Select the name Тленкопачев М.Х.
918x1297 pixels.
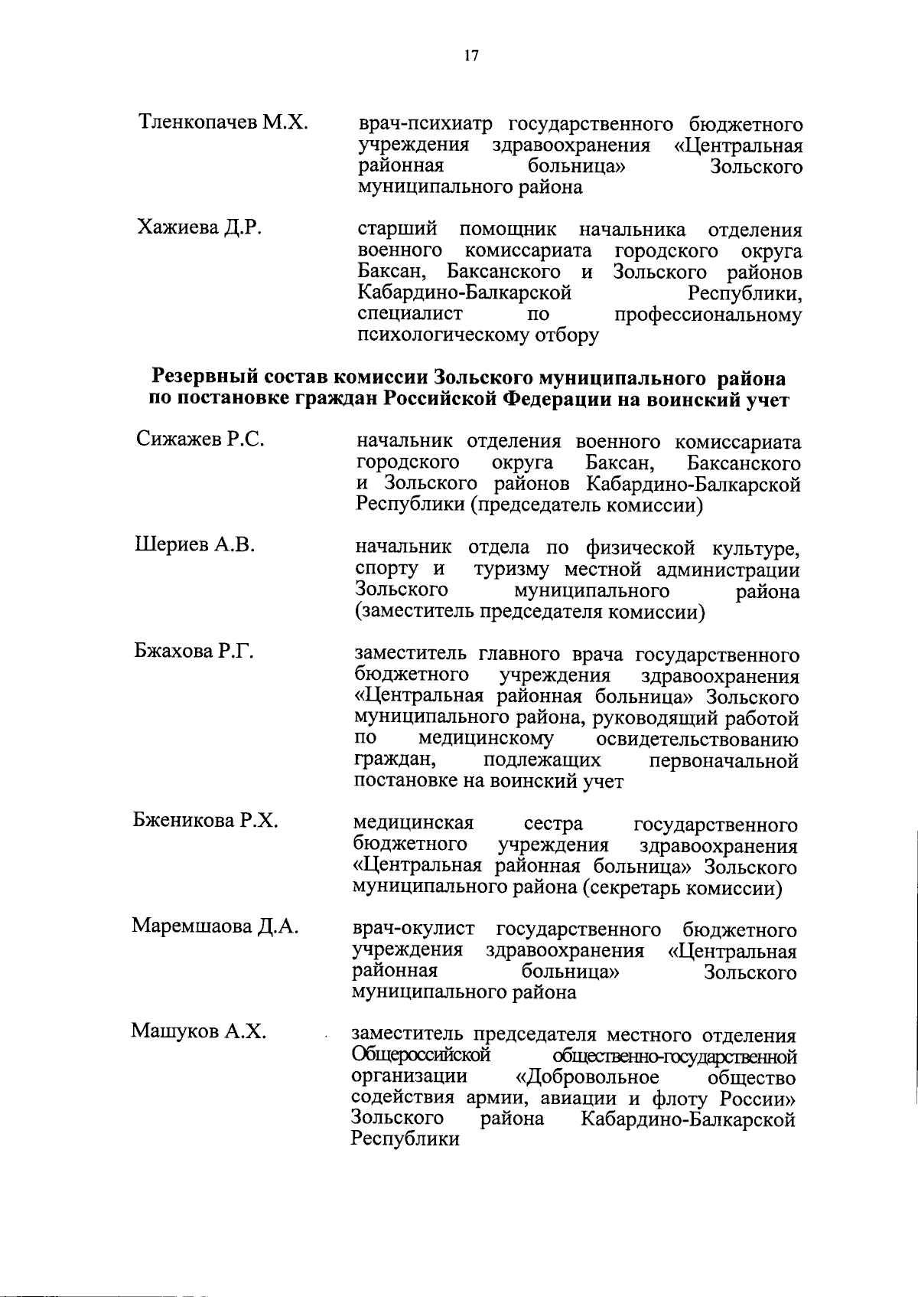pyautogui.click(x=223, y=122)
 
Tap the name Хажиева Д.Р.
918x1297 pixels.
pyautogui.click(x=199, y=227)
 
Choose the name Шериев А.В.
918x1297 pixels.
pyautogui.click(x=194, y=545)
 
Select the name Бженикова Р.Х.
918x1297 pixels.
pyautogui.click(x=205, y=821)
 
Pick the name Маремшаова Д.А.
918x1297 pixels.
pyautogui.click(x=215, y=926)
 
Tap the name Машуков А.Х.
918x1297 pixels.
pyautogui.click(x=199, y=1031)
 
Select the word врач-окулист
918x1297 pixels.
pyautogui.click(x=414, y=930)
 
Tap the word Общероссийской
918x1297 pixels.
pyautogui.click(x=420, y=1056)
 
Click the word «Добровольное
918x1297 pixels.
pyautogui.click(x=588, y=1077)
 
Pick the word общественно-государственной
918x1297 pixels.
pyautogui.click(x=679, y=1057)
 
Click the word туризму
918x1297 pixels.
pyautogui.click(x=514, y=570)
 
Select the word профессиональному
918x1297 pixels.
pyautogui.click(x=708, y=315)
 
